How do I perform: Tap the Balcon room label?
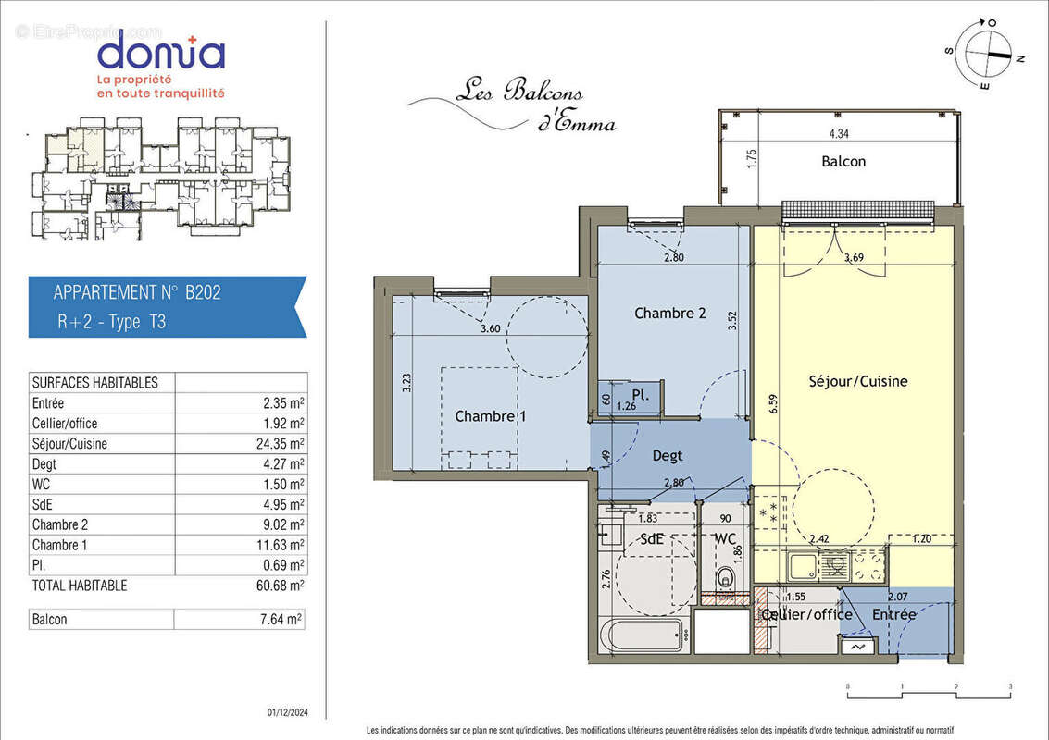pos(843,162)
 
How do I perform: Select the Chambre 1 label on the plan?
pos(491,416)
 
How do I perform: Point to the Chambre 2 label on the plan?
pos(669,313)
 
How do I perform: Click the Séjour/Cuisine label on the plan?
pos(857,381)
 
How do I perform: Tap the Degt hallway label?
pos(667,456)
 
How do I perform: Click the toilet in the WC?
pos(724,578)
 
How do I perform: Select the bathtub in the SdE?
pos(643,635)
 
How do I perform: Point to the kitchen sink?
pos(803,567)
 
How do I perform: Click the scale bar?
pos(930,692)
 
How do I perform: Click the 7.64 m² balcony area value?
pos(281,620)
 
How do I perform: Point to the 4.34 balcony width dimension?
pos(839,134)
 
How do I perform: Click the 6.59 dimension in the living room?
pos(774,405)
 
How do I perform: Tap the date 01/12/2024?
pos(288,713)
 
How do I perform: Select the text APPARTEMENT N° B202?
pos(137,293)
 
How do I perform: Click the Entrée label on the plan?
pos(893,613)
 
